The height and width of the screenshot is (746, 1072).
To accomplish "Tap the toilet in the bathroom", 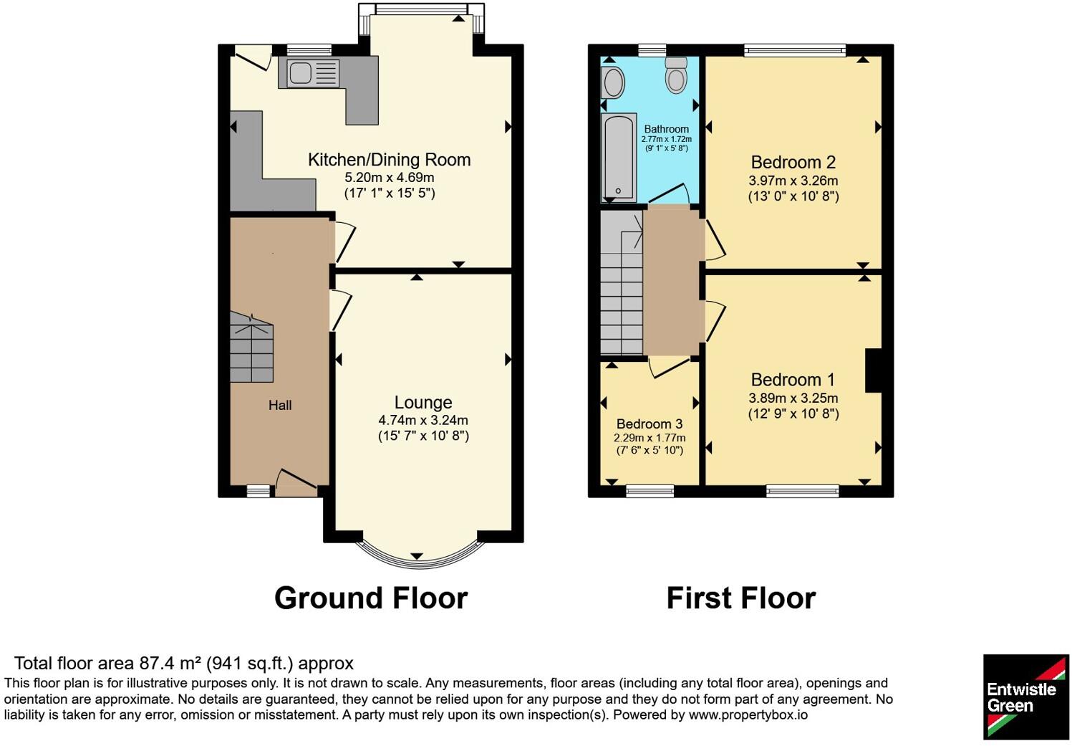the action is point(676,75).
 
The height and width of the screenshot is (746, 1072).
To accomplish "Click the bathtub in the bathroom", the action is point(618,158).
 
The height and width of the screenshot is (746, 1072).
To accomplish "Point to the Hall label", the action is point(280,406).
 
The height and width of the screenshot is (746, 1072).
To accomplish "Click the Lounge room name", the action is point(423,402).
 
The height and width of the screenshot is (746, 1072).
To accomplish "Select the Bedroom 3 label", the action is point(650,424).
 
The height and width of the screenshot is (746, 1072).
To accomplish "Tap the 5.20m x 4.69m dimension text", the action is point(390,178).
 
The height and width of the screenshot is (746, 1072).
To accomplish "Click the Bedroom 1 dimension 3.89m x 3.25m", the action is point(793,398).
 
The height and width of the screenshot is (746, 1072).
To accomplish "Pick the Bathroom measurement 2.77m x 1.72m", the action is point(667,139).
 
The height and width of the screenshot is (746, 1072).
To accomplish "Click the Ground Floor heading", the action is point(371,598).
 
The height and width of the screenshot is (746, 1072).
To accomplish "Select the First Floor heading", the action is point(741,598).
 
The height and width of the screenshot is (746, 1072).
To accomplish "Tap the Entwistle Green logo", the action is point(1025,697).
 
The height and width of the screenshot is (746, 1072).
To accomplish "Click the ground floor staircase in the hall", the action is point(252,347).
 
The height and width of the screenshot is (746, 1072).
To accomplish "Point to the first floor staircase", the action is point(622,282).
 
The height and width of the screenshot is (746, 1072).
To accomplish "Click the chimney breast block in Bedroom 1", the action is point(874,370).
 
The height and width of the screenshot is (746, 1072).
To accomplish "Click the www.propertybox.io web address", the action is point(748,715).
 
